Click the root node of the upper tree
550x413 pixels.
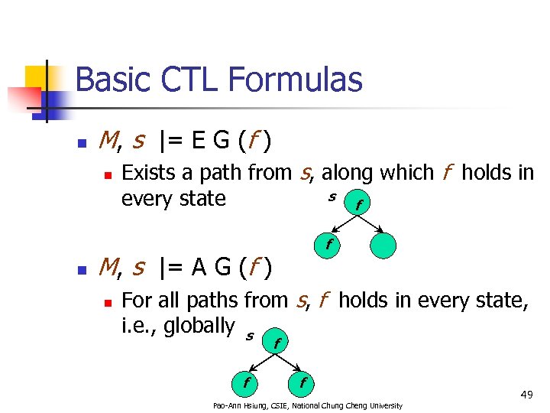[357, 204]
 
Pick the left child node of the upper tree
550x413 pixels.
[328, 246]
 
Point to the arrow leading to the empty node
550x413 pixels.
[372, 226]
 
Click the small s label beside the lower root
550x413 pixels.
[249, 335]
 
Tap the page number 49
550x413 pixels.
[526, 394]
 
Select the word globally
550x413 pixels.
[199, 325]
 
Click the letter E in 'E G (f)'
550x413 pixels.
[198, 141]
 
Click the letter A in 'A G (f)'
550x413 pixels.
[199, 267]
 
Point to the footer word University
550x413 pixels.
[383, 405]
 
